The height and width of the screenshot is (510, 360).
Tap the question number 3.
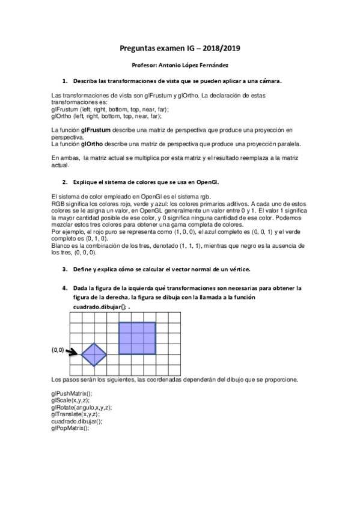click(65, 268)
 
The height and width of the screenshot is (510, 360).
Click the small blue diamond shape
click(93, 354)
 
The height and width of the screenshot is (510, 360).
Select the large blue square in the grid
click(137, 339)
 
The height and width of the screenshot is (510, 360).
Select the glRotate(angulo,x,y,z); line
click(82, 407)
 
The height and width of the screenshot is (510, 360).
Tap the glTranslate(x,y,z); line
click(76, 414)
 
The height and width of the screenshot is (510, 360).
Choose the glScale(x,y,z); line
click(70, 400)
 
